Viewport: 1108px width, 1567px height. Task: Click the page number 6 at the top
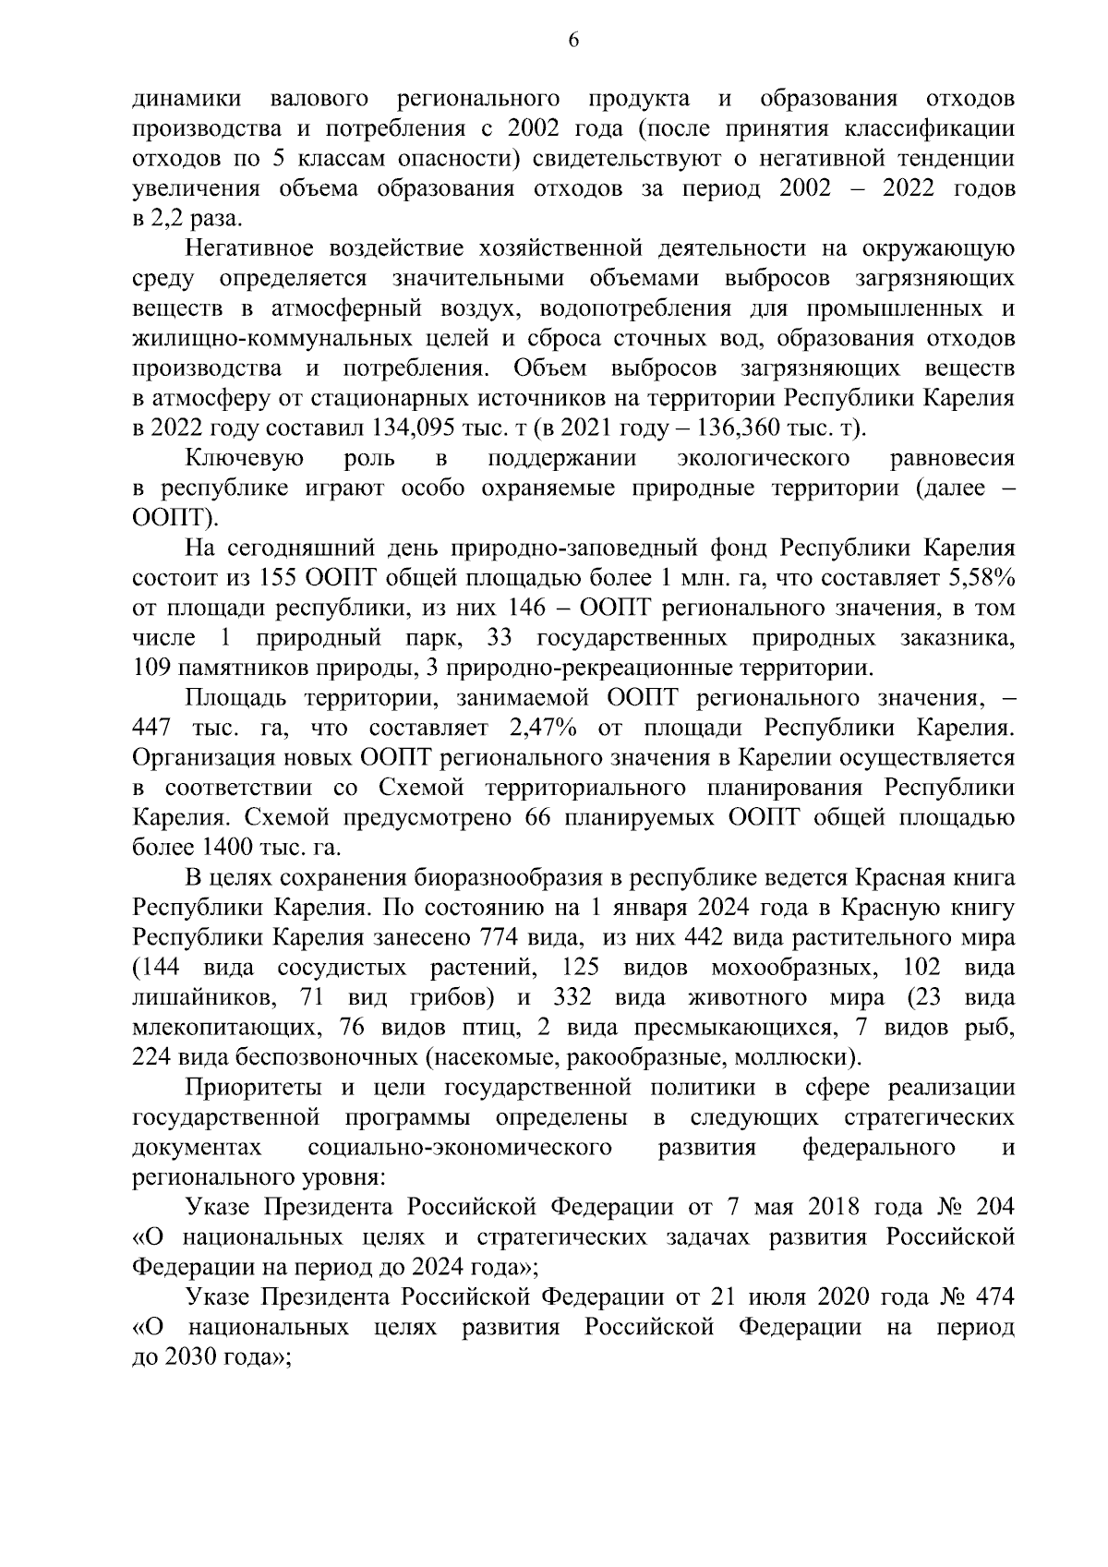coord(572,40)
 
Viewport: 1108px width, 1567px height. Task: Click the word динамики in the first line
coord(187,99)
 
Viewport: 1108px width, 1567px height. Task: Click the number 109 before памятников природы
coord(155,669)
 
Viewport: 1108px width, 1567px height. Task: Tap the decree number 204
coord(994,1208)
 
